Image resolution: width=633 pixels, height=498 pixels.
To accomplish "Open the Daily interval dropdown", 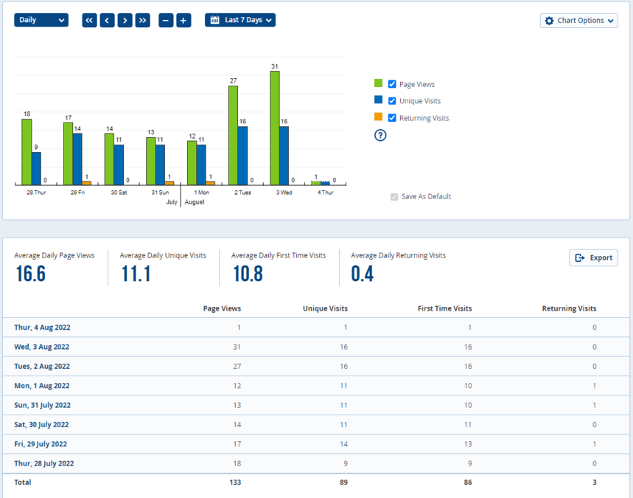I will tap(41, 20).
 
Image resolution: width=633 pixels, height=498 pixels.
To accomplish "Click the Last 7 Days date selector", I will tap(239, 20).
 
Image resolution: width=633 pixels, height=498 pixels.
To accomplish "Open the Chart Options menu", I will tap(578, 21).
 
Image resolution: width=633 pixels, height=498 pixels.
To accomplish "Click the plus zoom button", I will tap(183, 21).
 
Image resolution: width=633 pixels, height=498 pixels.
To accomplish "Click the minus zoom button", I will tap(166, 21).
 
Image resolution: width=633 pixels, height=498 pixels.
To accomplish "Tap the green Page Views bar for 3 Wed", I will tap(274, 128).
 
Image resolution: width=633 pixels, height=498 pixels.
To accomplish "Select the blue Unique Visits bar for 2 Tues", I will tap(242, 155).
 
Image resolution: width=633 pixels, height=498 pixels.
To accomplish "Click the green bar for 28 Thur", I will tap(27, 151).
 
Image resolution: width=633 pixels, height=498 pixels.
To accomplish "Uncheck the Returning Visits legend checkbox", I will tap(392, 118).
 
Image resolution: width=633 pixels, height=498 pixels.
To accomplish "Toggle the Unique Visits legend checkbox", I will tap(392, 101).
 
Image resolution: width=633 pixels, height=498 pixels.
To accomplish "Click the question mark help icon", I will tap(380, 135).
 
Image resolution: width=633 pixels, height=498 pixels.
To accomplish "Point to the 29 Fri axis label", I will tap(77, 193).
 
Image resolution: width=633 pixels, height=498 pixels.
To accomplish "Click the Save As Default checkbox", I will tap(394, 197).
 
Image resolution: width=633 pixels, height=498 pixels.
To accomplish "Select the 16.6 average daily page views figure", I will tap(30, 274).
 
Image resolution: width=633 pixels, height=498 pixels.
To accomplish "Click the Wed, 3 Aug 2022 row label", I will tap(42, 347).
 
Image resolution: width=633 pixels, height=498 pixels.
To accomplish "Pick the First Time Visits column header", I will tap(444, 308).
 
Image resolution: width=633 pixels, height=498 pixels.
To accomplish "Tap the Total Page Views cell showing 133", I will tap(234, 483).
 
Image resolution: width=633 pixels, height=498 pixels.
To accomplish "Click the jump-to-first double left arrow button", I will tap(89, 21).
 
